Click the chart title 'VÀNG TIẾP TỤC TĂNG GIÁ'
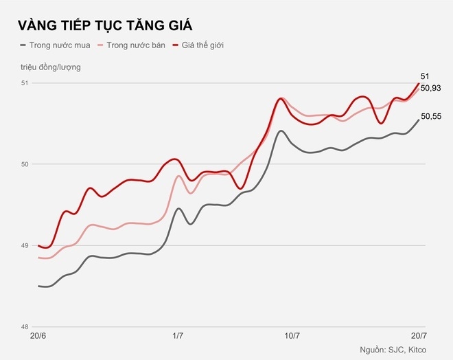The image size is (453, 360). [105, 25]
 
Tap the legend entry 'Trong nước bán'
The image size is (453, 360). [137, 45]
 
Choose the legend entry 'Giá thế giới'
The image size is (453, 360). [203, 45]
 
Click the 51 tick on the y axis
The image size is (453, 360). [25, 83]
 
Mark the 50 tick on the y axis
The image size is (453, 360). [25, 164]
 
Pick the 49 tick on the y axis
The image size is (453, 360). [25, 246]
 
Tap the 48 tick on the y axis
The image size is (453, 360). [25, 327]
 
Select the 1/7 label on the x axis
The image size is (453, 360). [178, 336]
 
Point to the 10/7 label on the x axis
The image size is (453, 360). [292, 336]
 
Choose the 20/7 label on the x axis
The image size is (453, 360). [417, 336]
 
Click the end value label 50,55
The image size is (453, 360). [431, 117]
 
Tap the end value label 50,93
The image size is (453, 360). [431, 88]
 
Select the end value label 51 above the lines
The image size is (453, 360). [425, 76]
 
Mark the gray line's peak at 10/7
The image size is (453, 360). [281, 131]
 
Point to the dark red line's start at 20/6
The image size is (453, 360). [39, 245]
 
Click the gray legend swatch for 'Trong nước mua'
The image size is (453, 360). [24, 45]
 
